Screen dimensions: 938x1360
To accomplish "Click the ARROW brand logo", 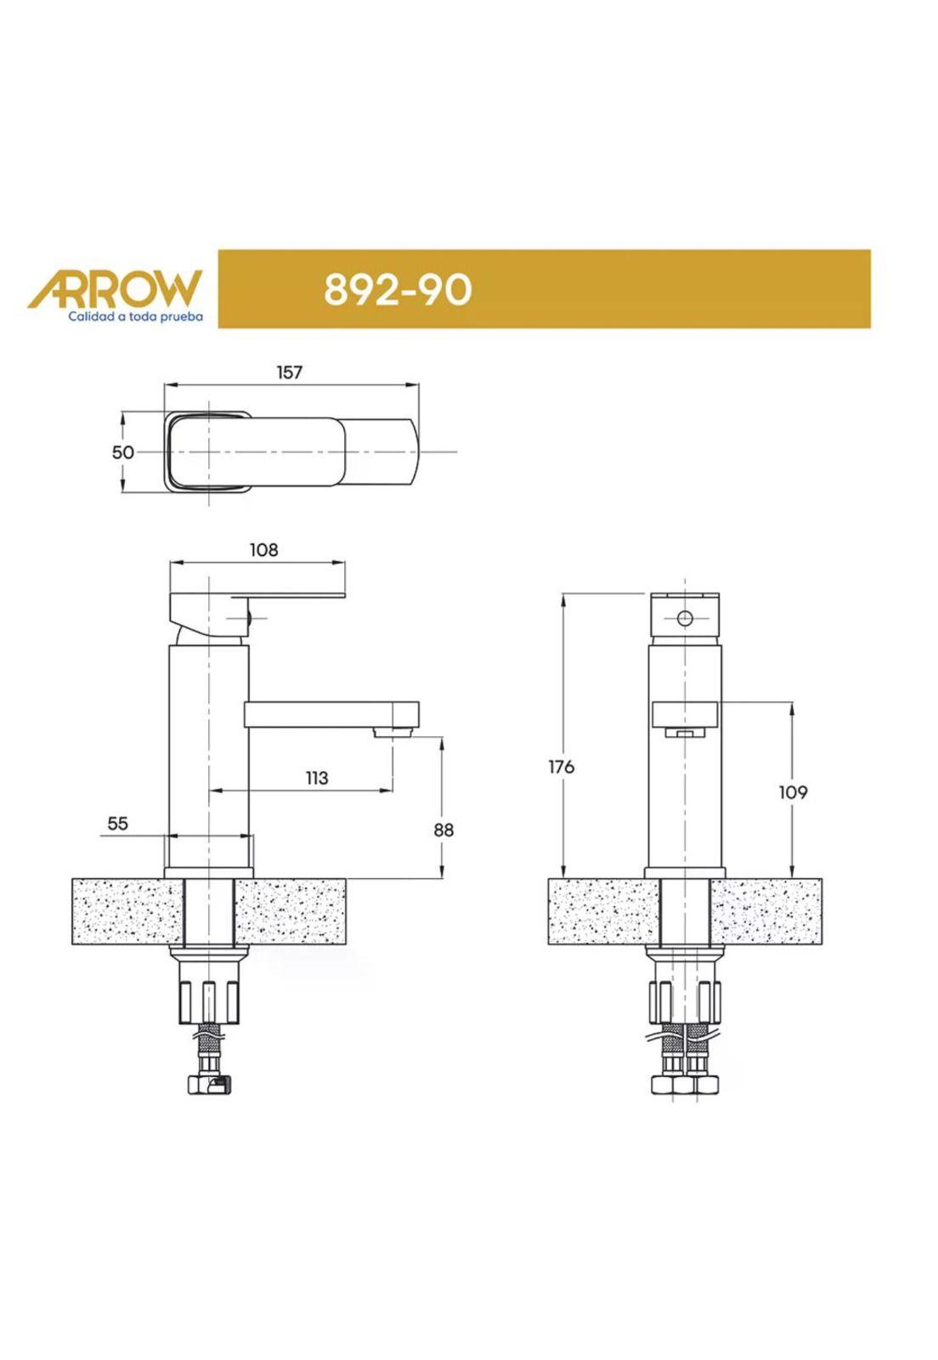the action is click(113, 288).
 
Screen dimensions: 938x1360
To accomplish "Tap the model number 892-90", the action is click(397, 289).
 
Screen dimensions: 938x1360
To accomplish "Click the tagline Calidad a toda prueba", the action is click(135, 316).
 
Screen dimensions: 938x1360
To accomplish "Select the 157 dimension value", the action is click(290, 371).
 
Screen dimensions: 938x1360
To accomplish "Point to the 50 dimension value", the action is click(122, 452).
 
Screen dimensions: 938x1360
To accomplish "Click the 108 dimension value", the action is click(264, 549).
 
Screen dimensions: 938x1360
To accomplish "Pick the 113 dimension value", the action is click(317, 777).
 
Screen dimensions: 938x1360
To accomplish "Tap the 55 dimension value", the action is click(118, 824).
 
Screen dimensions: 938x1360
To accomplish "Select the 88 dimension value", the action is click(444, 830).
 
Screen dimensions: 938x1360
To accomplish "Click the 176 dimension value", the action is click(562, 767).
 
